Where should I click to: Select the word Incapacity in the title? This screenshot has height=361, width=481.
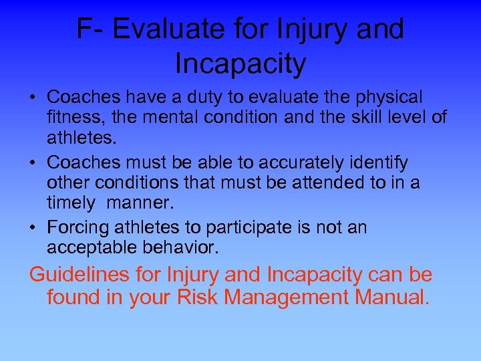coord(240,64)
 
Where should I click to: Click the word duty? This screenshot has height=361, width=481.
coord(204,98)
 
